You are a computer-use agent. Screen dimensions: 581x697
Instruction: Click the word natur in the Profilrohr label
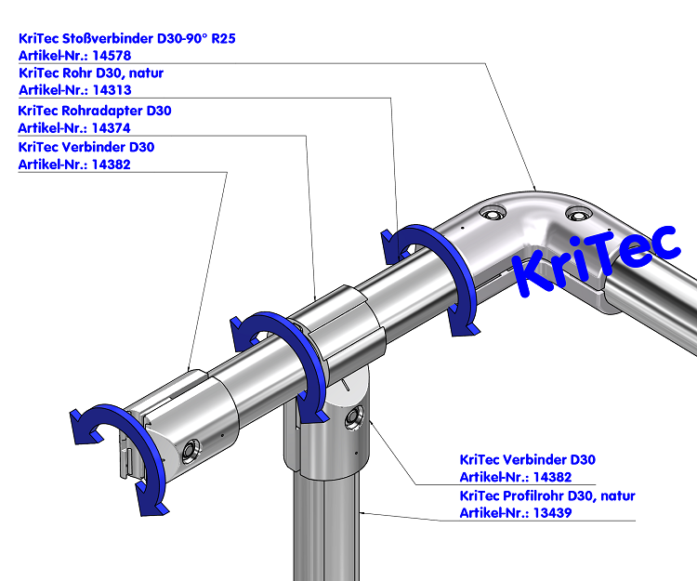pos(617,495)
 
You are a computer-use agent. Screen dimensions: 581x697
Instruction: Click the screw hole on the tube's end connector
pos(191,451)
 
